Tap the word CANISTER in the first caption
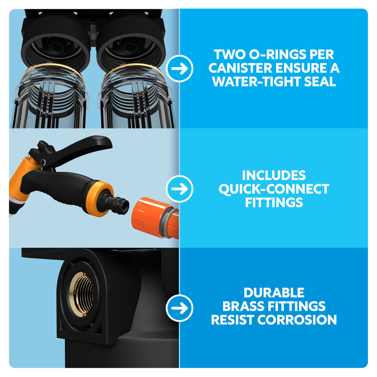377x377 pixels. tap(240, 68)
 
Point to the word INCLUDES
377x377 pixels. tap(274, 175)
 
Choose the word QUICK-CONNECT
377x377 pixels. tap(274, 189)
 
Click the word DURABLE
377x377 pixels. tap(274, 293)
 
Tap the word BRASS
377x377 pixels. tap(243, 306)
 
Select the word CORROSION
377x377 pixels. tap(297, 320)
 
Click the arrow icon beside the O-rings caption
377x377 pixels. tap(179, 68)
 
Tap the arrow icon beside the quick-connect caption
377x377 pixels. tap(179, 189)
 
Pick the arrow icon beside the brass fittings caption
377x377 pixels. tap(179, 308)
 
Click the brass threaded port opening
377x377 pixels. tap(81, 295)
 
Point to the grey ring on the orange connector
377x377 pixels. tap(169, 222)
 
